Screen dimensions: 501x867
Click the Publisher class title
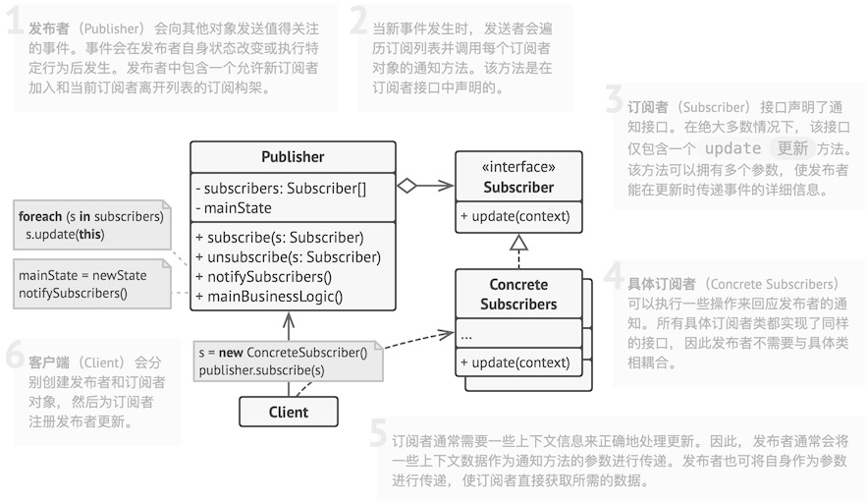(x=293, y=157)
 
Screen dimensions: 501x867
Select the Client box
(x=289, y=413)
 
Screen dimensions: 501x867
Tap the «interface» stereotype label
(x=518, y=168)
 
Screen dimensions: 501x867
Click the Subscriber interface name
(x=518, y=187)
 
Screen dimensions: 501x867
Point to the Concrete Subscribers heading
(x=518, y=295)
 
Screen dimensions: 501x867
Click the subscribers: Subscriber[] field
(x=281, y=188)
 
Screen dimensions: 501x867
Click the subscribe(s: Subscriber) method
(x=280, y=237)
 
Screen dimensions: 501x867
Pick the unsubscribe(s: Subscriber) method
(x=288, y=256)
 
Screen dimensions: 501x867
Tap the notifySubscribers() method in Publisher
(x=264, y=276)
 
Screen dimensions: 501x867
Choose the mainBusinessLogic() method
(x=269, y=296)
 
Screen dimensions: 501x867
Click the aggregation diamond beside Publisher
(x=406, y=185)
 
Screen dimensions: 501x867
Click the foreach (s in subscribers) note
(x=90, y=216)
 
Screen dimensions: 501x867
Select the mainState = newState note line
(x=82, y=275)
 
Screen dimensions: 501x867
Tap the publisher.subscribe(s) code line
(x=261, y=369)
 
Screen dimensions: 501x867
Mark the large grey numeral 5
(x=379, y=434)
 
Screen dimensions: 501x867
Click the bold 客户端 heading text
(x=48, y=361)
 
